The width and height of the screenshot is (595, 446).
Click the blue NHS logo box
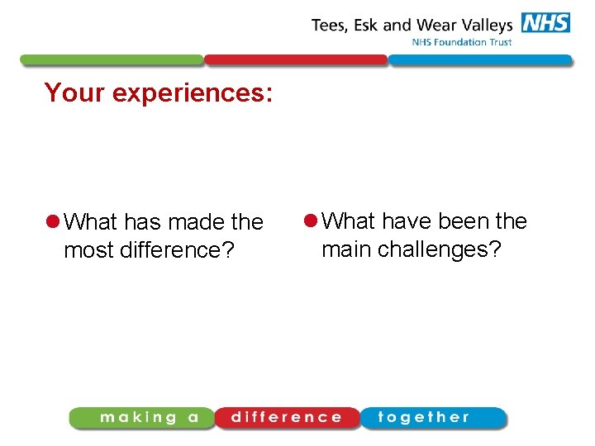click(545, 22)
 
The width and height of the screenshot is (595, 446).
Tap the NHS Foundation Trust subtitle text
click(461, 42)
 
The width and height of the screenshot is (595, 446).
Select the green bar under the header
click(111, 59)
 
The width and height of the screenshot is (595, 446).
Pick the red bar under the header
click(295, 59)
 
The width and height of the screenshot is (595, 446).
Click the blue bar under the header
click(479, 59)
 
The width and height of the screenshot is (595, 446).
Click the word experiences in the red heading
click(193, 93)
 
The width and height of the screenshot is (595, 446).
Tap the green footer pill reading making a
click(142, 418)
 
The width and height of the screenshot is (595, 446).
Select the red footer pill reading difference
click(287, 418)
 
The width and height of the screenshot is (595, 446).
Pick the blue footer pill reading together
click(431, 418)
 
